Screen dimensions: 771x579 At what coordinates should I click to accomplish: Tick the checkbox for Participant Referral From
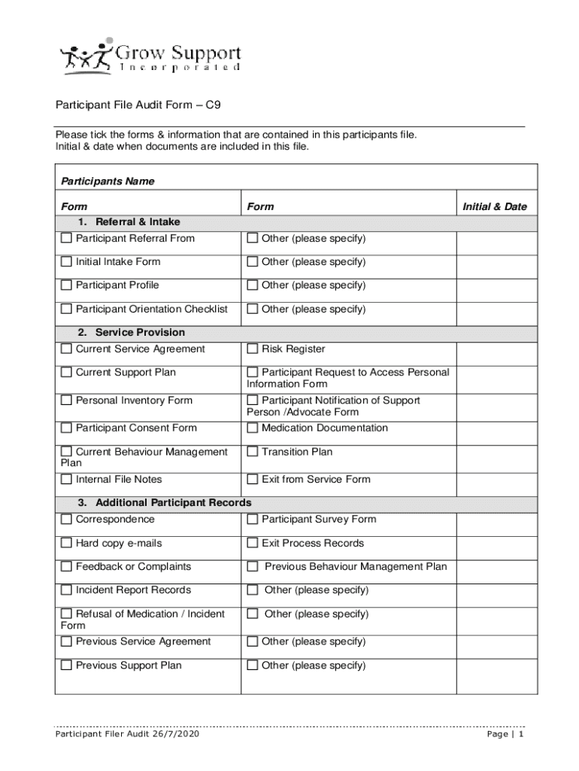[x=66, y=239]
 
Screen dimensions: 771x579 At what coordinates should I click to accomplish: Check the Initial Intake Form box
[x=66, y=262]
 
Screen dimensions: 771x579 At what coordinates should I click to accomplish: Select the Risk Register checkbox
[x=253, y=349]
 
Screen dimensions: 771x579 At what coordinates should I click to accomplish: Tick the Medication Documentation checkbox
[x=253, y=428]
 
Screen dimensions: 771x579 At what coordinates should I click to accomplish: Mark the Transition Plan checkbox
[x=253, y=453]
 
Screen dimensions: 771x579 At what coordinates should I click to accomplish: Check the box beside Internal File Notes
[x=66, y=480]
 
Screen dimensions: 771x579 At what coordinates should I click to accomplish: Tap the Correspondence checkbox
[x=66, y=520]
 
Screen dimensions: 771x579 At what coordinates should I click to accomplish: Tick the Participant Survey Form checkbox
[x=253, y=520]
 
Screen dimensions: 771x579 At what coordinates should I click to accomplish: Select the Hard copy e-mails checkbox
[x=66, y=544]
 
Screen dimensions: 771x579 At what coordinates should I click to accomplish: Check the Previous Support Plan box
[x=66, y=666]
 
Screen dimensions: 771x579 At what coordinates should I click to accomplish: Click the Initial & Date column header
[x=495, y=206]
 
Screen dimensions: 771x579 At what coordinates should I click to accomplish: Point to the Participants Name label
[x=108, y=181]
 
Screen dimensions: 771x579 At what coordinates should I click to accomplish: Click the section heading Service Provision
[x=140, y=332]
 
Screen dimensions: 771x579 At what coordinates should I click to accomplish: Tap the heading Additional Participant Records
[x=173, y=502]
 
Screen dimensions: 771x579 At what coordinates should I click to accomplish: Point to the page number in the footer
[x=520, y=735]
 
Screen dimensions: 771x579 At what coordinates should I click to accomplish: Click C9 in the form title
[x=214, y=106]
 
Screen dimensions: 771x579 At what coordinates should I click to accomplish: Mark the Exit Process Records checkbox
[x=253, y=544]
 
